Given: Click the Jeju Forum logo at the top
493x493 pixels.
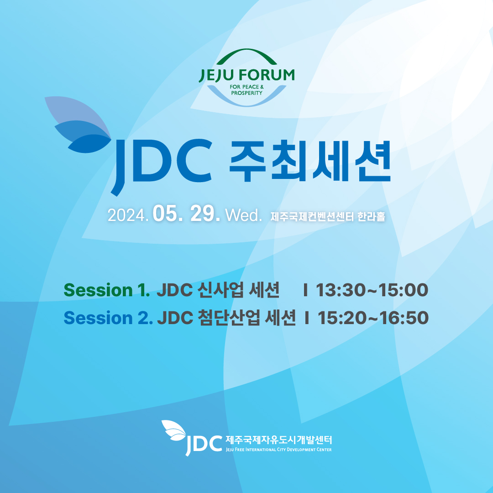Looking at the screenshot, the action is click(247, 78).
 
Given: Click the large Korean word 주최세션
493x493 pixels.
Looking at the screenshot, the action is click(310, 161).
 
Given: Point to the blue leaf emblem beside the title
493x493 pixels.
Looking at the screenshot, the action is click(78, 125).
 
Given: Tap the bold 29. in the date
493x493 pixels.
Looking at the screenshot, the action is click(205, 214).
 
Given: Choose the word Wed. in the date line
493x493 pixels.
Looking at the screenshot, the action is click(244, 215).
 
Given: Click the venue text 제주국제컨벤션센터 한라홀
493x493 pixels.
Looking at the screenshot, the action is click(328, 216).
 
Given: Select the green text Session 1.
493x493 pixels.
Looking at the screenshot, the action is click(106, 290).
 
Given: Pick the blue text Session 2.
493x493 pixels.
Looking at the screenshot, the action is click(108, 318).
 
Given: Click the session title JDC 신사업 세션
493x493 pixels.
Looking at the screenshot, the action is click(218, 290).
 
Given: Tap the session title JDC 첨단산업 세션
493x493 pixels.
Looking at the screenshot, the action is click(226, 318).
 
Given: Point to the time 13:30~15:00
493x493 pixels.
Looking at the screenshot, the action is click(372, 290).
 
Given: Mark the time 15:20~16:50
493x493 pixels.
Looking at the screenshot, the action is click(373, 318).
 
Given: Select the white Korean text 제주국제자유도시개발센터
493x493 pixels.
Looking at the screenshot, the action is click(278, 440).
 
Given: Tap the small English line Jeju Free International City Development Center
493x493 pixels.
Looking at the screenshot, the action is click(278, 450).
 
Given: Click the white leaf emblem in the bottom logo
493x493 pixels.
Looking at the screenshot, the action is click(174, 430).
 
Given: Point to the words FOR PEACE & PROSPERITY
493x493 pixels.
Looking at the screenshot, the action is click(247, 89).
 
